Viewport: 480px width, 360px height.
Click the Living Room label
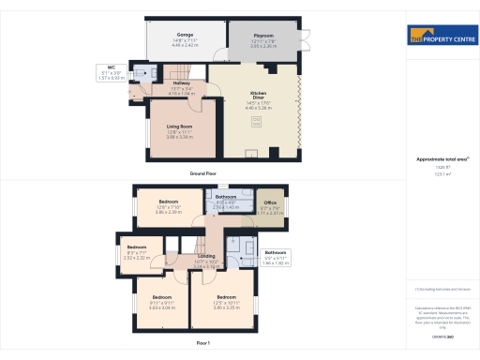click(180, 130)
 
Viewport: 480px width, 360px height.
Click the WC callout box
click(111, 71)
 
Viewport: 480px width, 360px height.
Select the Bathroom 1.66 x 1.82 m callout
click(276, 258)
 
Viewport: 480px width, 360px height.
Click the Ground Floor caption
click(203, 174)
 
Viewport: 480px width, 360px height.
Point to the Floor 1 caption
click(203, 344)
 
